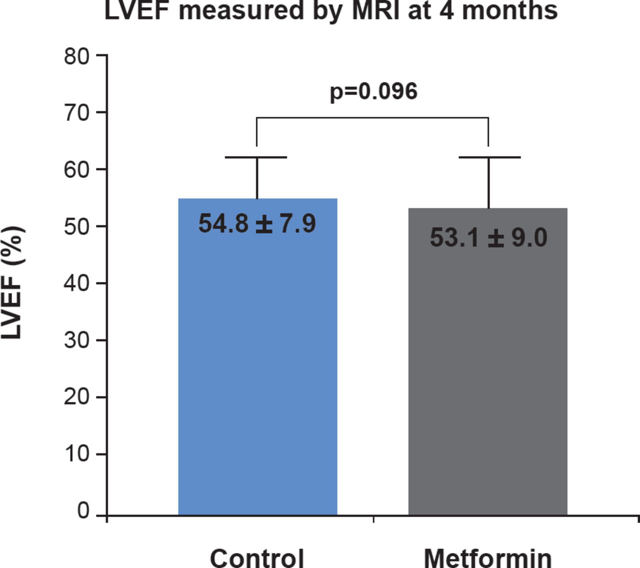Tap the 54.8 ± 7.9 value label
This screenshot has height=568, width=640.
(x=257, y=223)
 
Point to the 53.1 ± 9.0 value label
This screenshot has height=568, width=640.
(x=488, y=237)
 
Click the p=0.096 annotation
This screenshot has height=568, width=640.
(x=373, y=92)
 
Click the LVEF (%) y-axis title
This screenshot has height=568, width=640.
(x=12, y=283)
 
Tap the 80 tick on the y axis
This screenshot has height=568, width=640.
(x=76, y=56)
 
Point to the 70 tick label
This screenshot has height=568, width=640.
(x=76, y=113)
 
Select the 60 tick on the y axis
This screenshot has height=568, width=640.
(x=76, y=170)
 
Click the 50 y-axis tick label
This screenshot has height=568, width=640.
(x=76, y=226)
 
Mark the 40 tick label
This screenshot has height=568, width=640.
(x=76, y=283)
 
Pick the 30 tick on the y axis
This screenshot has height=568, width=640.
(x=76, y=340)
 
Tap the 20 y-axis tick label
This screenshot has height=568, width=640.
(x=76, y=397)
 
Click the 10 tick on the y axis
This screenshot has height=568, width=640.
(x=76, y=454)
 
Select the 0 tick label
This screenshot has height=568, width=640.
(x=83, y=510)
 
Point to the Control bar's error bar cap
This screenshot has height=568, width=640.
(x=256, y=157)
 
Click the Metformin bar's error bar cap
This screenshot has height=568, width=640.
(x=489, y=157)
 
